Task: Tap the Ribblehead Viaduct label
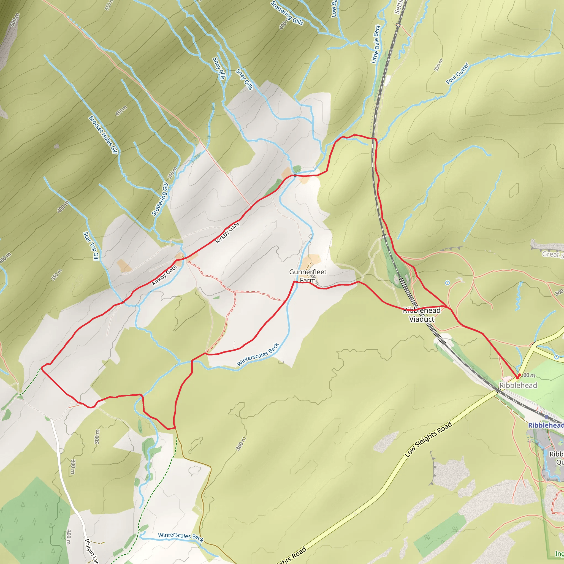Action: coord(422,315)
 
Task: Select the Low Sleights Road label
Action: coord(428,439)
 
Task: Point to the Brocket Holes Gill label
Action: coord(103,135)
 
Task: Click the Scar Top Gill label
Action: coord(91,246)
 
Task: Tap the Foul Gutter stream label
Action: coord(457,73)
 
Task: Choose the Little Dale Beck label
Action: coord(376,44)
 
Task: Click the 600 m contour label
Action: coord(15,20)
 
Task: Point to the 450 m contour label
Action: coord(121,111)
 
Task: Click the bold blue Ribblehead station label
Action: coord(546,425)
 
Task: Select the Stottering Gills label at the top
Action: coord(287,13)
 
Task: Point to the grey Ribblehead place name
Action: coord(518,385)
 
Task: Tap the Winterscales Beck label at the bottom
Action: coord(180,536)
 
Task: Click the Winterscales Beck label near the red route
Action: coord(258,354)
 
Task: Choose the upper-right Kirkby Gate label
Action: coord(227,233)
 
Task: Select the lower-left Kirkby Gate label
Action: coord(164,275)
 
